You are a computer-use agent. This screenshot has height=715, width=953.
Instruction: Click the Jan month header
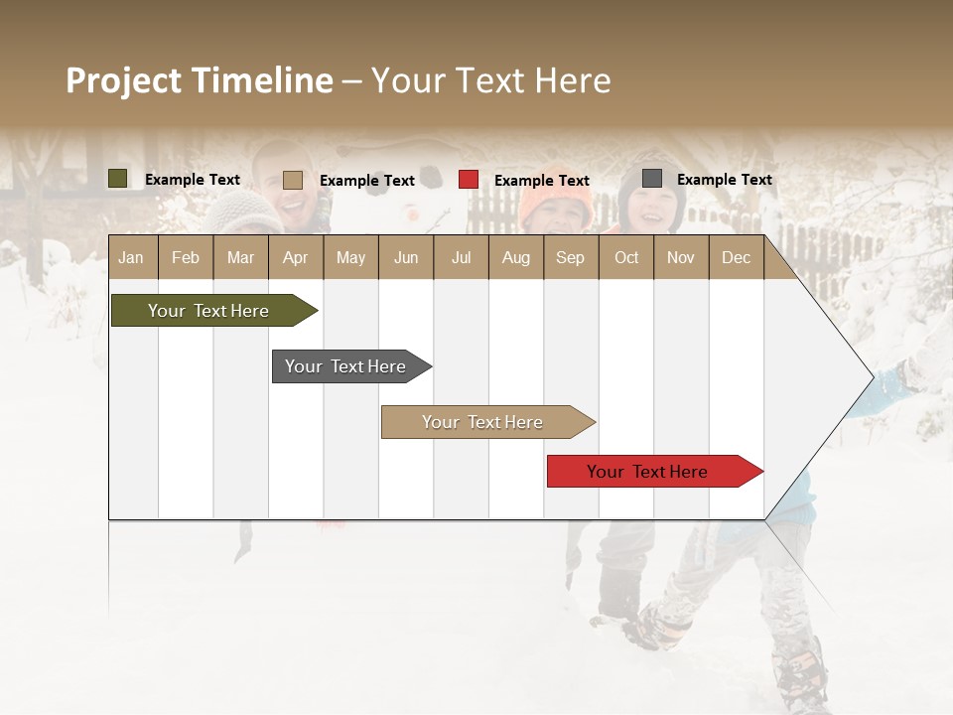click(131, 257)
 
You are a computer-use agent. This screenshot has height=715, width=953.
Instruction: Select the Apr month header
click(295, 257)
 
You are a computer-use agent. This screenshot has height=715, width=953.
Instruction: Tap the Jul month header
click(461, 257)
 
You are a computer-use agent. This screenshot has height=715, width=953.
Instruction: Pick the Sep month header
click(570, 257)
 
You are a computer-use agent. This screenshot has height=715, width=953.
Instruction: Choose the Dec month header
click(736, 257)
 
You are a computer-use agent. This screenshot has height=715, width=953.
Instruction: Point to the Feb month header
click(186, 257)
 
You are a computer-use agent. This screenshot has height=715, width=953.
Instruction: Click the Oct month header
click(626, 257)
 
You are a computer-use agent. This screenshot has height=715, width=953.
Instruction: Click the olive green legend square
click(118, 179)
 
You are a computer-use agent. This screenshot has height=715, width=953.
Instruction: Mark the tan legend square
click(293, 180)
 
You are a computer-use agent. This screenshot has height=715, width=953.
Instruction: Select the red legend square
click(469, 180)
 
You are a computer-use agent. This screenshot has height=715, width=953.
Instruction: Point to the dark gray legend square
click(652, 179)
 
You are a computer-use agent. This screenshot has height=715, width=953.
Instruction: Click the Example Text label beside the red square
click(542, 181)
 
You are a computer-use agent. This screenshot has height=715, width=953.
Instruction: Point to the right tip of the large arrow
click(872, 377)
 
